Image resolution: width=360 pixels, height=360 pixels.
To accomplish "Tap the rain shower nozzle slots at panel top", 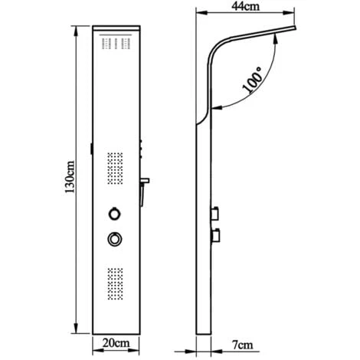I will point(115,45).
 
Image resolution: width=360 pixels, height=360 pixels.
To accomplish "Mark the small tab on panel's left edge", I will point(90,149).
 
